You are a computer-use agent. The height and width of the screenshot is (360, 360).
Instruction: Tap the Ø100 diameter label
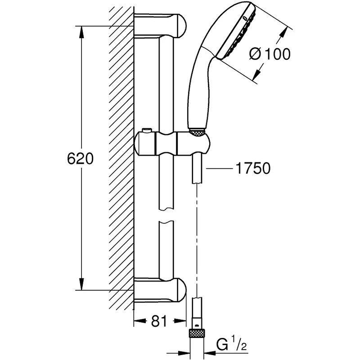tap(270, 54)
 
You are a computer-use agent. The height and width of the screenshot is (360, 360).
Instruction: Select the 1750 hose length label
tap(252, 169)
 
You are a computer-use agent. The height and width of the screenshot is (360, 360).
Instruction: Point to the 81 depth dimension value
tap(157, 321)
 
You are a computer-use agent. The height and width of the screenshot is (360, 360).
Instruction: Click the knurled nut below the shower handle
tap(197, 132)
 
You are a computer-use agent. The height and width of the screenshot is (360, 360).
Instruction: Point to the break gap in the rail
tap(166, 215)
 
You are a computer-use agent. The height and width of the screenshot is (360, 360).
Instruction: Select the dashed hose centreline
tap(197, 238)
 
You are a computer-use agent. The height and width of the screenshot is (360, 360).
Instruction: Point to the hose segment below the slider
tap(197, 169)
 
